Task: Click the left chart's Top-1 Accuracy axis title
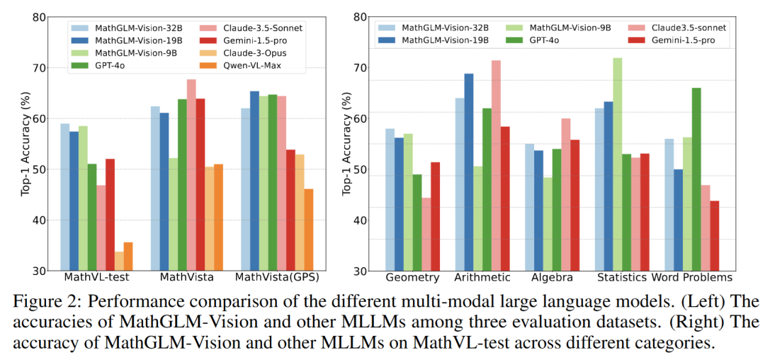(x=25, y=145)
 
